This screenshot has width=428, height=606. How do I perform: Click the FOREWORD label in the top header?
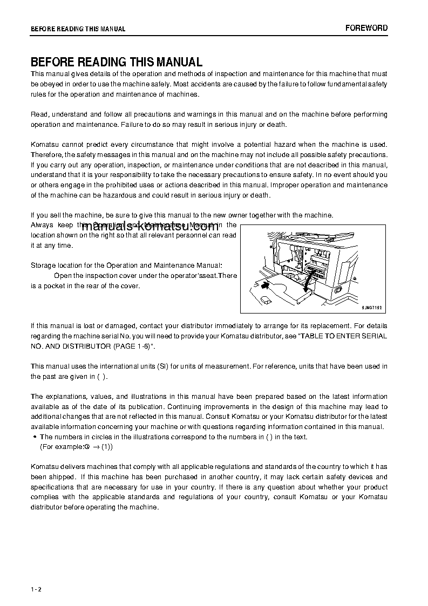click(x=366, y=28)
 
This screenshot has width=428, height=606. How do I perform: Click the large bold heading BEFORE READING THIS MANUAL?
click(x=117, y=62)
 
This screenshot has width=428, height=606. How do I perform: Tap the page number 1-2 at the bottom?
click(x=36, y=589)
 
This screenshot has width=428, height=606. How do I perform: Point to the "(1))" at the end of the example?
click(x=107, y=447)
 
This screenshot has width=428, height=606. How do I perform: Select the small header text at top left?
click(x=78, y=29)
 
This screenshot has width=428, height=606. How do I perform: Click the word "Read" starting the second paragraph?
click(x=39, y=114)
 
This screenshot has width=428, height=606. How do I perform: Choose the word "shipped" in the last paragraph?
click(x=61, y=477)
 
